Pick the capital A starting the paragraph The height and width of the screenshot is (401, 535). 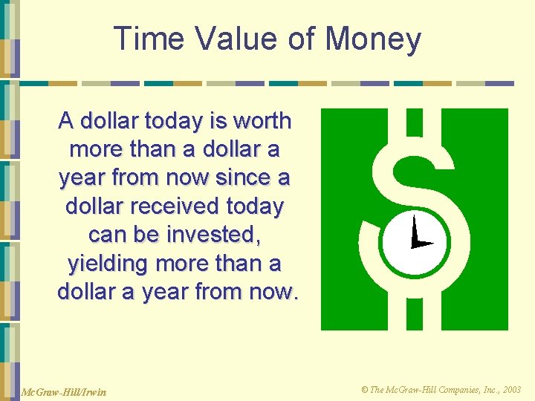66,120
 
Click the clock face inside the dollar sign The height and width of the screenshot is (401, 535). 414,241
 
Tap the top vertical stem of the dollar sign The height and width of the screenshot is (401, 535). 414,122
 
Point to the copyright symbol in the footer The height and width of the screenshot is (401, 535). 364,389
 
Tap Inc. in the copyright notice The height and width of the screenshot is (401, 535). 486,389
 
